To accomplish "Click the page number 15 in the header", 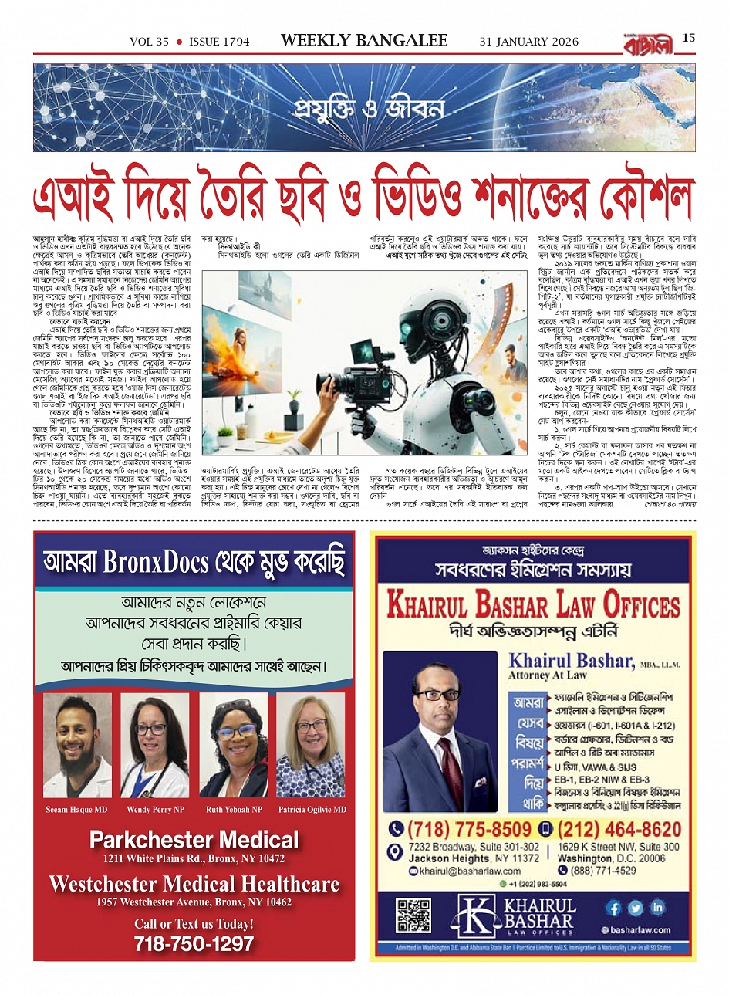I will click(x=689, y=38).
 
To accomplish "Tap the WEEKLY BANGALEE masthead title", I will click(x=364, y=41).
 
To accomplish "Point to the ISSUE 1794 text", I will click(x=219, y=42).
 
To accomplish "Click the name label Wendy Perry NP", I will click(x=155, y=810).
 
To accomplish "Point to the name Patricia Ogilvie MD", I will click(x=312, y=810).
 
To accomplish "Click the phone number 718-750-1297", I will click(x=194, y=943).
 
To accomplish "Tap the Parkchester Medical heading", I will click(x=194, y=840).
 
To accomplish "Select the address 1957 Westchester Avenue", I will click(x=194, y=902).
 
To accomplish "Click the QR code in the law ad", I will click(x=413, y=915).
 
